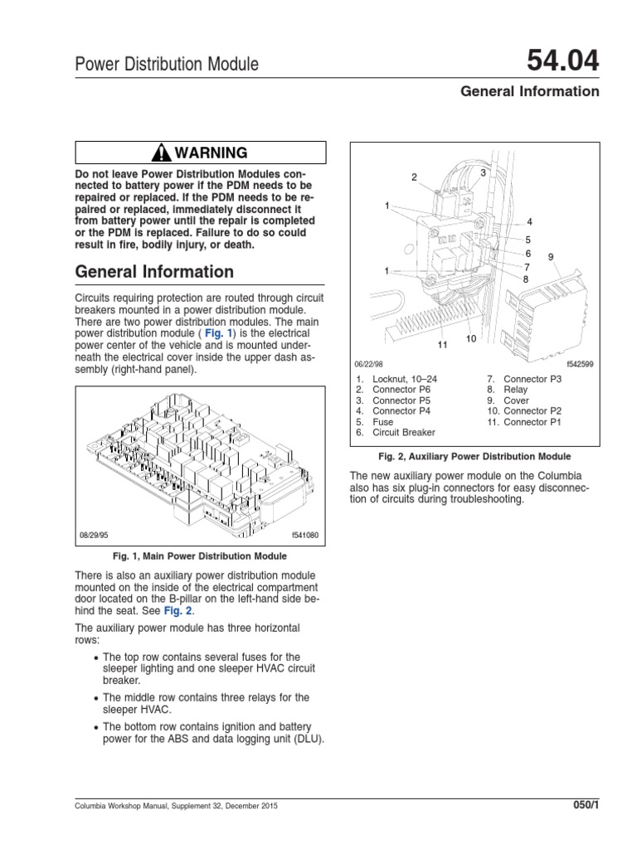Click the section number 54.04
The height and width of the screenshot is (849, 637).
click(563, 60)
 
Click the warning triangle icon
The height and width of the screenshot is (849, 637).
click(162, 153)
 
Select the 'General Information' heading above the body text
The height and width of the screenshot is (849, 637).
click(154, 271)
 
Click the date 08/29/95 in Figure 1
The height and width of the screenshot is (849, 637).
click(94, 535)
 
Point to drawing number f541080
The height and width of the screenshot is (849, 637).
click(305, 535)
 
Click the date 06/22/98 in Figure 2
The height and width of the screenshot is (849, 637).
click(368, 364)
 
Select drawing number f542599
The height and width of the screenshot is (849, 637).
click(580, 364)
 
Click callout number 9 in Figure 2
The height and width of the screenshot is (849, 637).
click(551, 257)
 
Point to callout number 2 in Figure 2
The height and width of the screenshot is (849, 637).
click(415, 177)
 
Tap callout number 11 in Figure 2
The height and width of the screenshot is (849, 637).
click(443, 345)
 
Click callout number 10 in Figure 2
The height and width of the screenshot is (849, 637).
click(471, 339)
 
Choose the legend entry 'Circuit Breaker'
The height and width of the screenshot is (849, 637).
click(404, 432)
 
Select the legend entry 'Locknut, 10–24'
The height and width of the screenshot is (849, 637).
click(405, 379)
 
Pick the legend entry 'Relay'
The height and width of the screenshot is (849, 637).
click(515, 390)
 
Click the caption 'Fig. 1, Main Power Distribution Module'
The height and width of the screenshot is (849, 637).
click(200, 556)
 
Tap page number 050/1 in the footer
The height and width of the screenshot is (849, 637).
click(586, 805)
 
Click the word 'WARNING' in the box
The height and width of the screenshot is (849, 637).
click(211, 153)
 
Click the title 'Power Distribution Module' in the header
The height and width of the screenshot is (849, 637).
click(167, 64)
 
